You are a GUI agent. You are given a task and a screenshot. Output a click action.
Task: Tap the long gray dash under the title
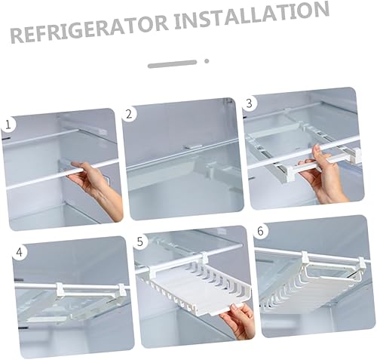click(172, 64)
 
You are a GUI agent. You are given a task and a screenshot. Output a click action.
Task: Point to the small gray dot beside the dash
click(205, 61)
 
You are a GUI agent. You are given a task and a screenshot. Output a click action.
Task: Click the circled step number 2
click(130, 115)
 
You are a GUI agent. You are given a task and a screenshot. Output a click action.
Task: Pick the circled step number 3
click(251, 102)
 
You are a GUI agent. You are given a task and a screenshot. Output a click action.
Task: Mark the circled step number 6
click(261, 231)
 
